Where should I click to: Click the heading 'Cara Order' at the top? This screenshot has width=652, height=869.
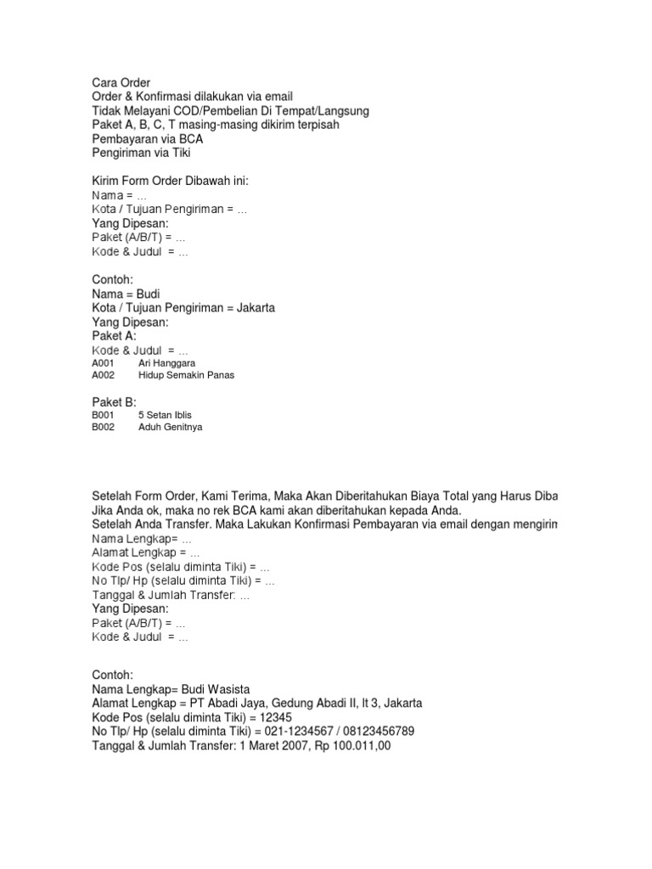pyautogui.click(x=121, y=83)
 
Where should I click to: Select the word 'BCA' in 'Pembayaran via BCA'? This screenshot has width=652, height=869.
pyautogui.click(x=191, y=139)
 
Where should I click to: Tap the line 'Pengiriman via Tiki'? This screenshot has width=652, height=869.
pyautogui.click(x=142, y=154)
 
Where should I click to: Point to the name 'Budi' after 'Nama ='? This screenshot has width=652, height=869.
pyautogui.click(x=149, y=294)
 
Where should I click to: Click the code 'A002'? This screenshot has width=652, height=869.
pyautogui.click(x=103, y=375)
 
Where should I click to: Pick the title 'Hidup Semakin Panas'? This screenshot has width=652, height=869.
pyautogui.click(x=186, y=375)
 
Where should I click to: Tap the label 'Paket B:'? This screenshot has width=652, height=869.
pyautogui.click(x=115, y=401)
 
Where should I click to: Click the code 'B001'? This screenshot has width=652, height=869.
pyautogui.click(x=103, y=415)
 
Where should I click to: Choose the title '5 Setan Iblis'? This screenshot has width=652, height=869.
pyautogui.click(x=164, y=415)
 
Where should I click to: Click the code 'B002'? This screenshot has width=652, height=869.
pyautogui.click(x=103, y=428)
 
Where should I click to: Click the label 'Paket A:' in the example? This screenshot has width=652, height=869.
pyautogui.click(x=115, y=336)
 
